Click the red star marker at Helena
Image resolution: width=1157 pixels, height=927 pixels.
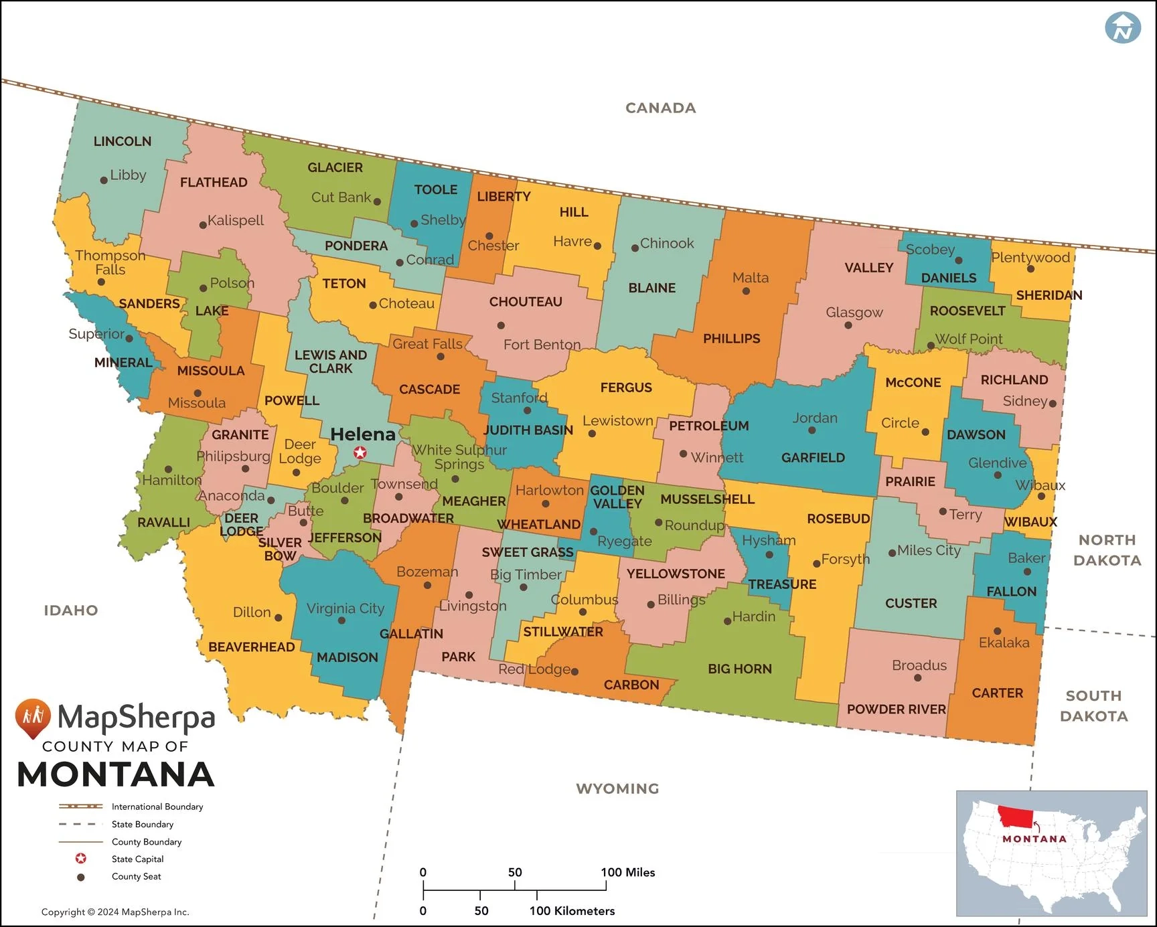coord(360,453)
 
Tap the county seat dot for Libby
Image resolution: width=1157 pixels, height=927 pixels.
coord(104,180)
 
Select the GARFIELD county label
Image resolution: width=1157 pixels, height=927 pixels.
coord(813,458)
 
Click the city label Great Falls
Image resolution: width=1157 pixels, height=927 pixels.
coord(427,344)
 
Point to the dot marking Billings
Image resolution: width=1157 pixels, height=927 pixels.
coord(651,604)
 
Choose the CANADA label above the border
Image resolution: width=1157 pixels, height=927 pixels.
coord(660,108)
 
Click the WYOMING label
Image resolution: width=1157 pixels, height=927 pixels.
coord(617,788)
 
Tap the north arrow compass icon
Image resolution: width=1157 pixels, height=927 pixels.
coord(1122,27)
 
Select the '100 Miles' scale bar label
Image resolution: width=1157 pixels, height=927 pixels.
coord(627,872)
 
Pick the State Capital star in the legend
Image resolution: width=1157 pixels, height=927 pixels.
coord(81,859)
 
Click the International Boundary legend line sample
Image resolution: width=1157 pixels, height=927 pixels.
coord(81,807)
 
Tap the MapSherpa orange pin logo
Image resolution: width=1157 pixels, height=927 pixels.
coord(33,717)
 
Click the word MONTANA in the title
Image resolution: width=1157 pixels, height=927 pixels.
coord(116,774)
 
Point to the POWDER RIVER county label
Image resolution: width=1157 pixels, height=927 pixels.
coord(896,709)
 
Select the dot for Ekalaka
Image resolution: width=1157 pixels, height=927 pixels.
coord(997,631)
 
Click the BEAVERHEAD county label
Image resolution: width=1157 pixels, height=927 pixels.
coord(251,647)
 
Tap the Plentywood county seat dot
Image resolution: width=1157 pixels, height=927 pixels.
coord(1030,268)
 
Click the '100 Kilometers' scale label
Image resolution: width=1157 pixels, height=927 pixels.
coord(571,911)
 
